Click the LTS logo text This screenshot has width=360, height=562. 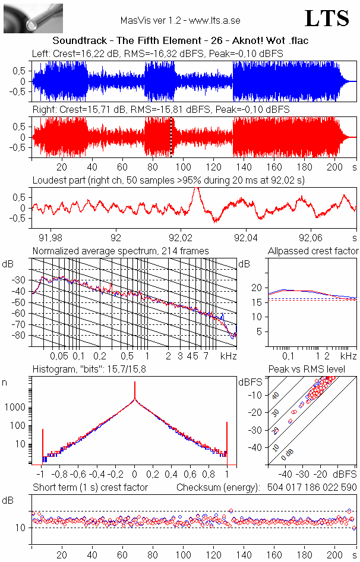tap(327, 18)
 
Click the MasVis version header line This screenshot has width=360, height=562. tap(180, 20)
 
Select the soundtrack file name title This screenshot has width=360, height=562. tap(180, 40)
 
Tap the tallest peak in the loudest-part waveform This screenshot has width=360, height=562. tap(196, 190)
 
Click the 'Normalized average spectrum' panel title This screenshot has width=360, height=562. tap(121, 251)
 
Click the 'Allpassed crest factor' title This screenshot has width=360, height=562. tap(313, 251)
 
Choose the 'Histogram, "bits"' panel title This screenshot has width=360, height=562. tap(90, 370)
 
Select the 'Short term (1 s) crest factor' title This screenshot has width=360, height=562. tap(90, 487)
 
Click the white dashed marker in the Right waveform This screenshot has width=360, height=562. tap(172, 137)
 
